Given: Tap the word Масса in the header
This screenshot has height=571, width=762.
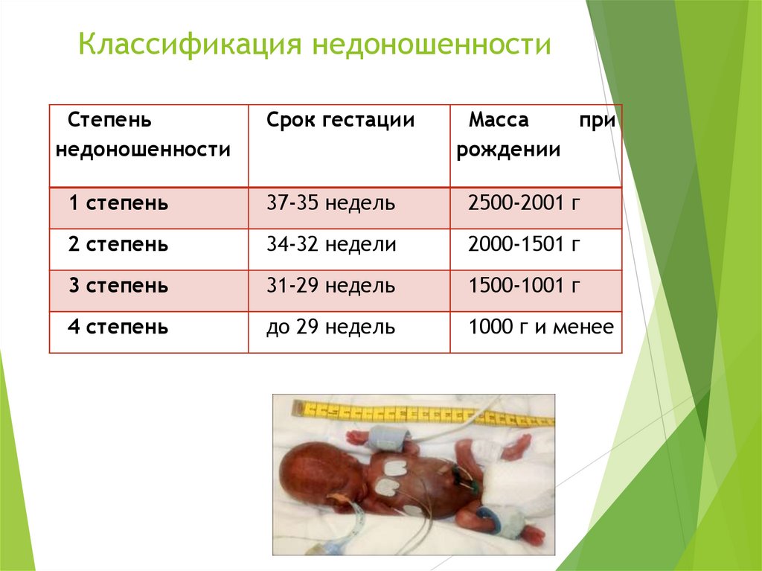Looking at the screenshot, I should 499,121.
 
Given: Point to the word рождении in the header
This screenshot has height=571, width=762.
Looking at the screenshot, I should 508,150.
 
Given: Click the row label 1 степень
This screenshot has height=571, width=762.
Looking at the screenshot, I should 118,202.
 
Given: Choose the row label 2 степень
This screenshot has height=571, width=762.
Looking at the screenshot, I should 118,244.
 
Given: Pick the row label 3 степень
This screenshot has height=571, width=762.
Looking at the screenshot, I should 118,286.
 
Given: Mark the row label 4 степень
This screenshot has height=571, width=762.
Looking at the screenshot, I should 118,327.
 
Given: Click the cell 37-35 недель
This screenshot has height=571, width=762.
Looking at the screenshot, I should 330,202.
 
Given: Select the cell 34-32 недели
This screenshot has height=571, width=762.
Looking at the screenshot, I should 331,244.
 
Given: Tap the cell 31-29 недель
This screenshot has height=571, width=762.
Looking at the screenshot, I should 330,286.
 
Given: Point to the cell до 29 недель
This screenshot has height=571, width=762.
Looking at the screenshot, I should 330,327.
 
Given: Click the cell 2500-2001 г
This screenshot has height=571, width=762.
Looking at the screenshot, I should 523,202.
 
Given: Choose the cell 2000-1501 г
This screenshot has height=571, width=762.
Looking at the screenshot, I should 523,244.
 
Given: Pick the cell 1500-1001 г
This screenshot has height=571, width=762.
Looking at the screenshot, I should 523,286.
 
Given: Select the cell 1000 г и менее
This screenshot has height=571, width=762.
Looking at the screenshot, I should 541,327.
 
